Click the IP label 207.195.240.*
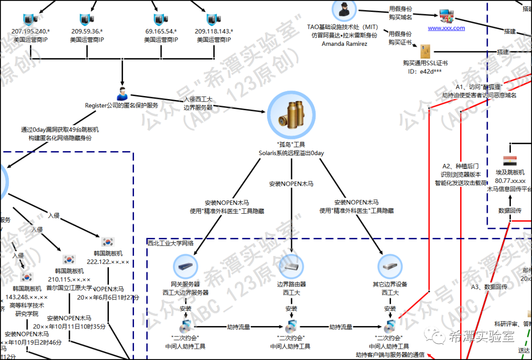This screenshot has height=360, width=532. [x=31, y=31]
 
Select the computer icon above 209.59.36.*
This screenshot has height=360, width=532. [x=87, y=19]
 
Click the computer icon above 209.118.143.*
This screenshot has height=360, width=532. [x=214, y=19]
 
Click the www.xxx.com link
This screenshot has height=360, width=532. [x=446, y=28]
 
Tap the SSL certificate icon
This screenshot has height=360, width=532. [x=425, y=52]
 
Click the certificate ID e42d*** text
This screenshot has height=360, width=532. [x=425, y=71]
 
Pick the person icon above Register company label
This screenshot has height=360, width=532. [x=122, y=93]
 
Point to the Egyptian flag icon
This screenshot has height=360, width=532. [x=509, y=161]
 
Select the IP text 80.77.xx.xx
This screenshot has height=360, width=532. [x=510, y=180]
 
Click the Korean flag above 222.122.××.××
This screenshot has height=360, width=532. [x=108, y=241]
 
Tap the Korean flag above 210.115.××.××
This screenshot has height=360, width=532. [x=69, y=260]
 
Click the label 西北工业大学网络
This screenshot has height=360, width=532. [x=170, y=243]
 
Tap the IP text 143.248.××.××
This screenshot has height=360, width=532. [x=27, y=297]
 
